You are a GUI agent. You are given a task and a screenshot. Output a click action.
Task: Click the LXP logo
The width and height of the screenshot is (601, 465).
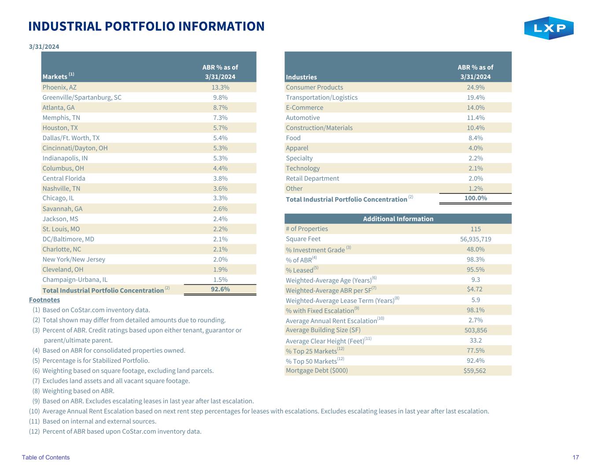click(549, 28)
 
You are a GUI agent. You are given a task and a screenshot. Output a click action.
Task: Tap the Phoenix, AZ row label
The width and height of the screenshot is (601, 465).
click(59, 87)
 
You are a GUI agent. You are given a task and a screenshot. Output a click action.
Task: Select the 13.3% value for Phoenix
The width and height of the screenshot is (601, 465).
click(220, 87)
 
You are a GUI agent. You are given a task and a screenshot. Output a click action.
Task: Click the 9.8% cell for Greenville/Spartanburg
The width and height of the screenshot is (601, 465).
click(220, 97)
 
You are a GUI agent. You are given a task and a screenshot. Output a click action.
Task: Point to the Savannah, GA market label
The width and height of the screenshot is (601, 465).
click(63, 208)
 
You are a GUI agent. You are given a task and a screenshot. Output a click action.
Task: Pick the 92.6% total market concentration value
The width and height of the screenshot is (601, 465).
click(220, 289)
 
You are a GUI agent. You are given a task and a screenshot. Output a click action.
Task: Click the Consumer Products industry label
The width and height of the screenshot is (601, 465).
click(314, 87)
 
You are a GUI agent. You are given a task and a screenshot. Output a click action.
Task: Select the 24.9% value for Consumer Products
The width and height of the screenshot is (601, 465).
click(476, 87)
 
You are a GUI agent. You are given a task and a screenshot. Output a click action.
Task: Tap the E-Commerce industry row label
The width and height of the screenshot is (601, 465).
click(304, 108)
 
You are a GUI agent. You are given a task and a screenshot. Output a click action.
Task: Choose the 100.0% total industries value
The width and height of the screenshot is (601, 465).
click(476, 198)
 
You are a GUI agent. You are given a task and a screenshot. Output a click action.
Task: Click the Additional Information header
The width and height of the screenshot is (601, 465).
click(398, 219)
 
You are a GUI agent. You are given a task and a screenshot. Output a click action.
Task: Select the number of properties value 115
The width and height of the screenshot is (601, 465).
click(476, 229)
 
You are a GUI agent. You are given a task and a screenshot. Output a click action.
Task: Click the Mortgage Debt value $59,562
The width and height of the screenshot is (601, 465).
click(475, 371)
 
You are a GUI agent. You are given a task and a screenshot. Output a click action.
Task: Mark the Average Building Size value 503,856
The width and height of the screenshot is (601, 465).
click(476, 330)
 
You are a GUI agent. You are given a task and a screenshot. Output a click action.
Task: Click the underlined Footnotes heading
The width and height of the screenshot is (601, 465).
click(44, 300)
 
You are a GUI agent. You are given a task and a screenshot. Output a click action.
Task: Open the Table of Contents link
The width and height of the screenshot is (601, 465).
click(46, 457)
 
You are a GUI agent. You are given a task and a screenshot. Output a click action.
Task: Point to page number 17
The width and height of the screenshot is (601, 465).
click(575, 457)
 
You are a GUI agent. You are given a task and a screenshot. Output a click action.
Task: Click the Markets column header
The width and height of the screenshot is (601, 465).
click(55, 77)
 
